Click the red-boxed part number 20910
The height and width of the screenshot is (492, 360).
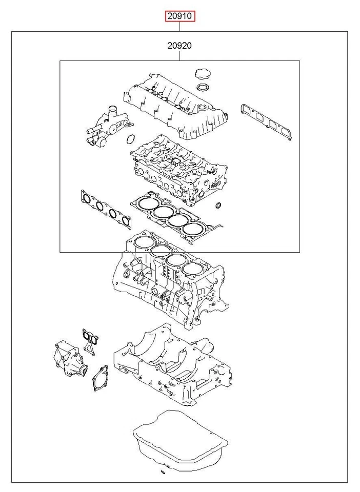point(179,16)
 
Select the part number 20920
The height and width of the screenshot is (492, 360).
point(179,46)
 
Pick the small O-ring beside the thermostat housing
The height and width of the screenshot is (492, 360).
point(131,138)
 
